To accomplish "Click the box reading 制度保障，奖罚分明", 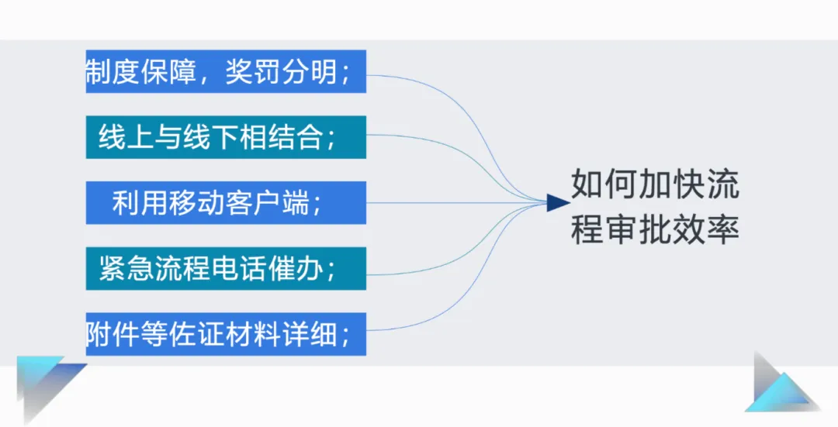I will [225, 72].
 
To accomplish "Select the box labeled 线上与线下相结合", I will [225, 137].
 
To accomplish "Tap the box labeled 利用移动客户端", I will [225, 203].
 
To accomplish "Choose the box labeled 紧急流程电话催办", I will [225, 268].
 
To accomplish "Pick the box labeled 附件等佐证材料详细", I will [225, 334].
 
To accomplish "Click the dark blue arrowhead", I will [558, 203].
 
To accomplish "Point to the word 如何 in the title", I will [604, 185].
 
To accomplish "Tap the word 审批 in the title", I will [638, 229].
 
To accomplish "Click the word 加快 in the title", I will [671, 185].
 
